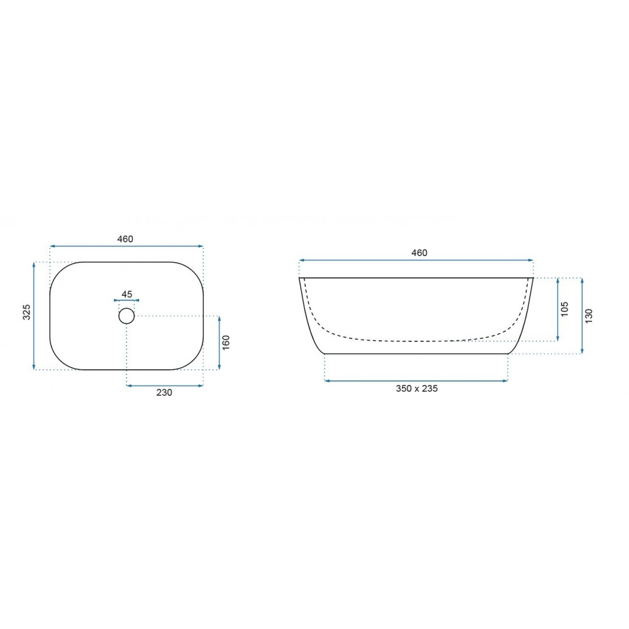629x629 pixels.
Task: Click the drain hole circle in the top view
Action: (x=126, y=316)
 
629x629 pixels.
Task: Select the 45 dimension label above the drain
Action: (x=127, y=294)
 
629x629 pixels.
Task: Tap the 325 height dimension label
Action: (x=26, y=312)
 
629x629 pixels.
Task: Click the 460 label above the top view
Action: (x=125, y=239)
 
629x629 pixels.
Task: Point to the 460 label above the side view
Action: (x=419, y=253)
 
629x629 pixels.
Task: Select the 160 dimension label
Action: (x=226, y=342)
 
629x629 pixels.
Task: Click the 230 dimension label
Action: (x=164, y=392)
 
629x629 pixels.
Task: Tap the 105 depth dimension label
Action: (x=564, y=309)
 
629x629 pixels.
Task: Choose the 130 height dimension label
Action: (x=589, y=316)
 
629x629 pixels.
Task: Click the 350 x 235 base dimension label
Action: (x=417, y=388)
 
